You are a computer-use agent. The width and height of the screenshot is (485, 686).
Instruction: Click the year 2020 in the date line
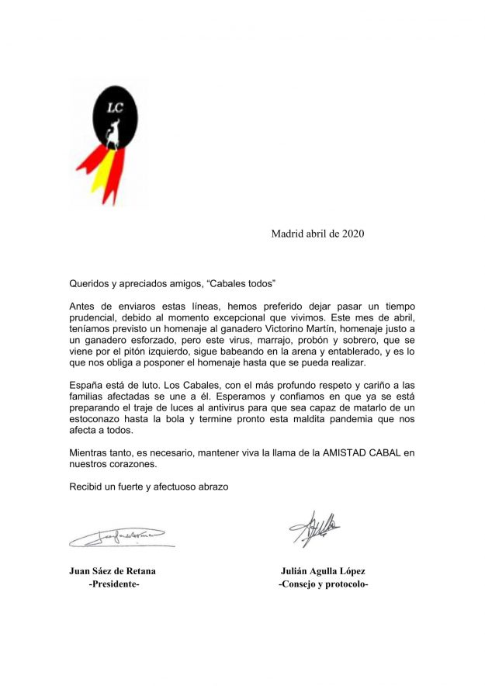pyautogui.click(x=352, y=234)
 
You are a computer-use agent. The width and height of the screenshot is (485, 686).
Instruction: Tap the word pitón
pyautogui.click(x=156, y=352)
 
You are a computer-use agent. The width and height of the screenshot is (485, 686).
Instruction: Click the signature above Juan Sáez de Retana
pyautogui.click(x=117, y=535)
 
